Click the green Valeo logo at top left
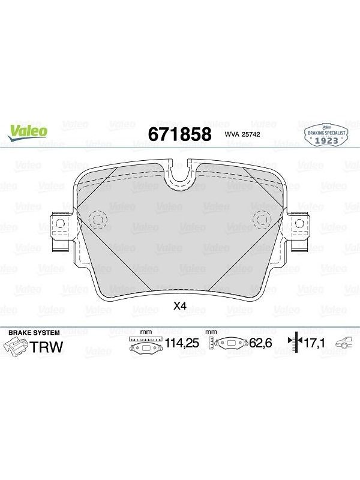pos(28,133)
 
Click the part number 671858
pos(179,134)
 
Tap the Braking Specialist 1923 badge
pos(326,136)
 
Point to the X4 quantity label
pos(179,305)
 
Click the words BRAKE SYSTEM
pos(34,332)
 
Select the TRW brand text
pos(46,347)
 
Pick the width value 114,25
pos(182,343)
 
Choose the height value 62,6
pos(261,343)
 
